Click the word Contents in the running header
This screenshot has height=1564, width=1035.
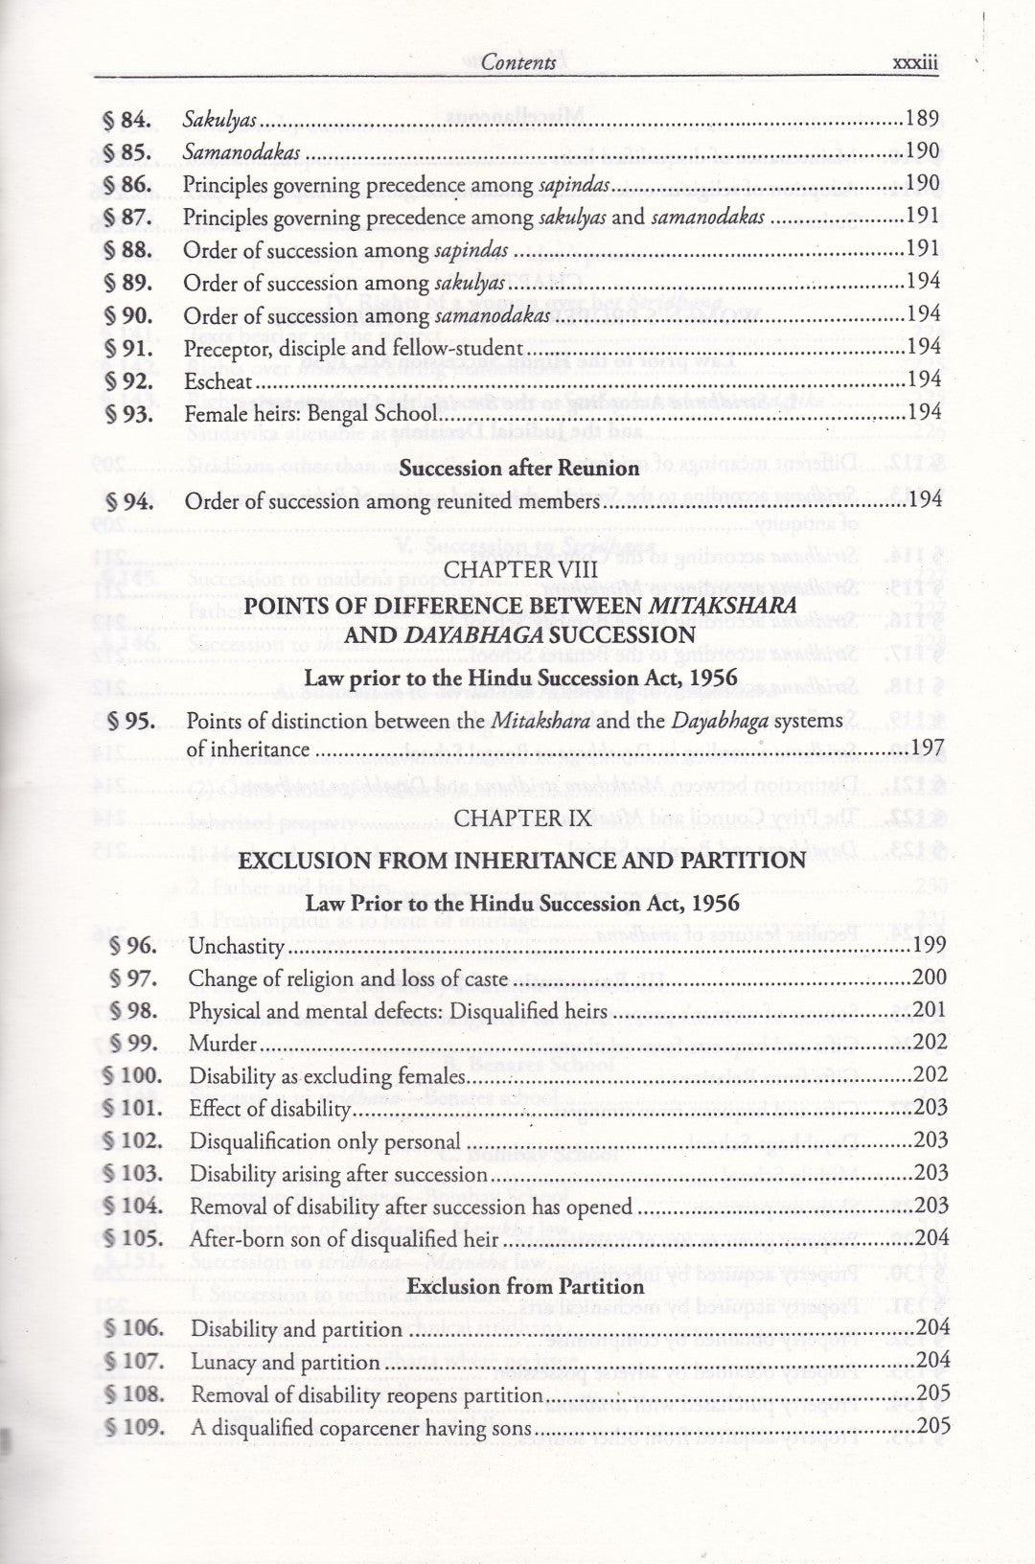(x=518, y=63)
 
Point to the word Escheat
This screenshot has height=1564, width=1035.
(x=218, y=381)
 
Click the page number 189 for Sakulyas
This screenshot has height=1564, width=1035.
(x=923, y=120)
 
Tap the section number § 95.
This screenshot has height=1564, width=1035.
(x=130, y=721)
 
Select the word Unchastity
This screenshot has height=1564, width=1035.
(x=237, y=947)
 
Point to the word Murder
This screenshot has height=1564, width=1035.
(x=223, y=1044)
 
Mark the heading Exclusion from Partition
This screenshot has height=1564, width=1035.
(x=526, y=1286)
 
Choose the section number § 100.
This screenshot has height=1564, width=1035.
(x=133, y=1075)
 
